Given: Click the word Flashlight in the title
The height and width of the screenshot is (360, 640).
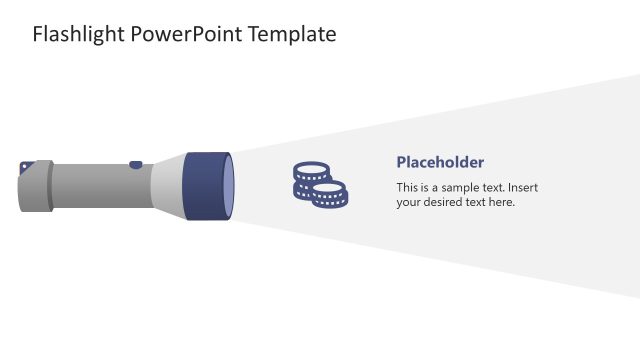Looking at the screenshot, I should click(x=76, y=35).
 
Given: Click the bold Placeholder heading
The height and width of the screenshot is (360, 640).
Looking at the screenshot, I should click(x=440, y=162).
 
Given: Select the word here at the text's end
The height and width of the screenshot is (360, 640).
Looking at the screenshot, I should click(x=500, y=202).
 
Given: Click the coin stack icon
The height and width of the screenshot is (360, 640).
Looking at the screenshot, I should click(x=319, y=185).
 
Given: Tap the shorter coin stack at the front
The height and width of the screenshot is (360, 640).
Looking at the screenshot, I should click(x=330, y=194).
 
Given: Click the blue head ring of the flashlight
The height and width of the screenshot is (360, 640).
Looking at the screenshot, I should click(x=205, y=185).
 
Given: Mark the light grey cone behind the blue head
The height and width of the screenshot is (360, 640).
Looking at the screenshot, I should click(x=168, y=185).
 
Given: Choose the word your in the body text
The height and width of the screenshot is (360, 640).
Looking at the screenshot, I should click(x=409, y=202).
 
